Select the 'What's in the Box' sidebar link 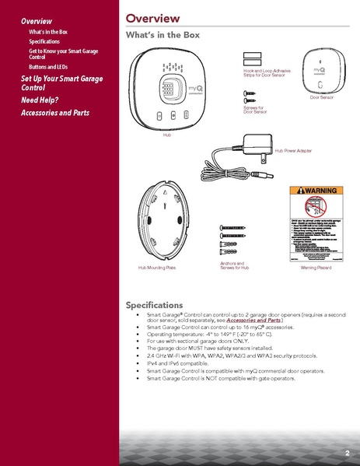pyautogui.click(x=49, y=31)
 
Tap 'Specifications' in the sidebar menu pyautogui.click(x=44, y=41)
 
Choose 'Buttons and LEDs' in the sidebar pyautogui.click(x=48, y=66)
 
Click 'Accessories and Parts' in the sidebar pyautogui.click(x=54, y=114)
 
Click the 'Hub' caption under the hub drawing pyautogui.click(x=166, y=135)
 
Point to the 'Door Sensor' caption pyautogui.click(x=321, y=98)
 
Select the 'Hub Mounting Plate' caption pyautogui.click(x=157, y=267)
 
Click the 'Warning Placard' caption pyautogui.click(x=316, y=267)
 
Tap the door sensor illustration pyautogui.click(x=320, y=70)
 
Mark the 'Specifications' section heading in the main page pyautogui.click(x=155, y=305)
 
